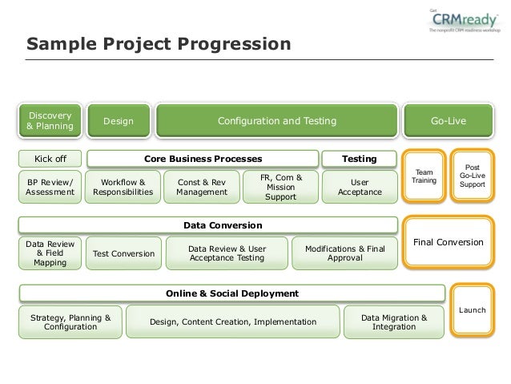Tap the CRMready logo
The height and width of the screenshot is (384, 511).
(x=464, y=21)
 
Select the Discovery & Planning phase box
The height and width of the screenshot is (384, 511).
(x=50, y=121)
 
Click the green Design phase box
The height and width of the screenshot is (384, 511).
(x=119, y=121)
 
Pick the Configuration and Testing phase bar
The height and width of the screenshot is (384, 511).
(x=277, y=121)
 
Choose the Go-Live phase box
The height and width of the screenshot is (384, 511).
(x=448, y=121)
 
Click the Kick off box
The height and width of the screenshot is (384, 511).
(x=50, y=159)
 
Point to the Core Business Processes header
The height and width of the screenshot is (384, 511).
(x=203, y=159)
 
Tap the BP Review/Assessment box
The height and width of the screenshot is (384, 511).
(x=50, y=187)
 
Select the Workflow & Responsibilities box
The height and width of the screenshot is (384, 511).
(x=123, y=187)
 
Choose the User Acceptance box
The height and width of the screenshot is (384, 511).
(x=360, y=187)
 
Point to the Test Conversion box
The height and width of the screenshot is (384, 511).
(x=123, y=253)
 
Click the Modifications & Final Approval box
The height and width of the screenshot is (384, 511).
(x=345, y=253)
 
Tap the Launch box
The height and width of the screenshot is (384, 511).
(x=472, y=309)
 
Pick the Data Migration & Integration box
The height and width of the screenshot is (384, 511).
(x=394, y=322)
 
